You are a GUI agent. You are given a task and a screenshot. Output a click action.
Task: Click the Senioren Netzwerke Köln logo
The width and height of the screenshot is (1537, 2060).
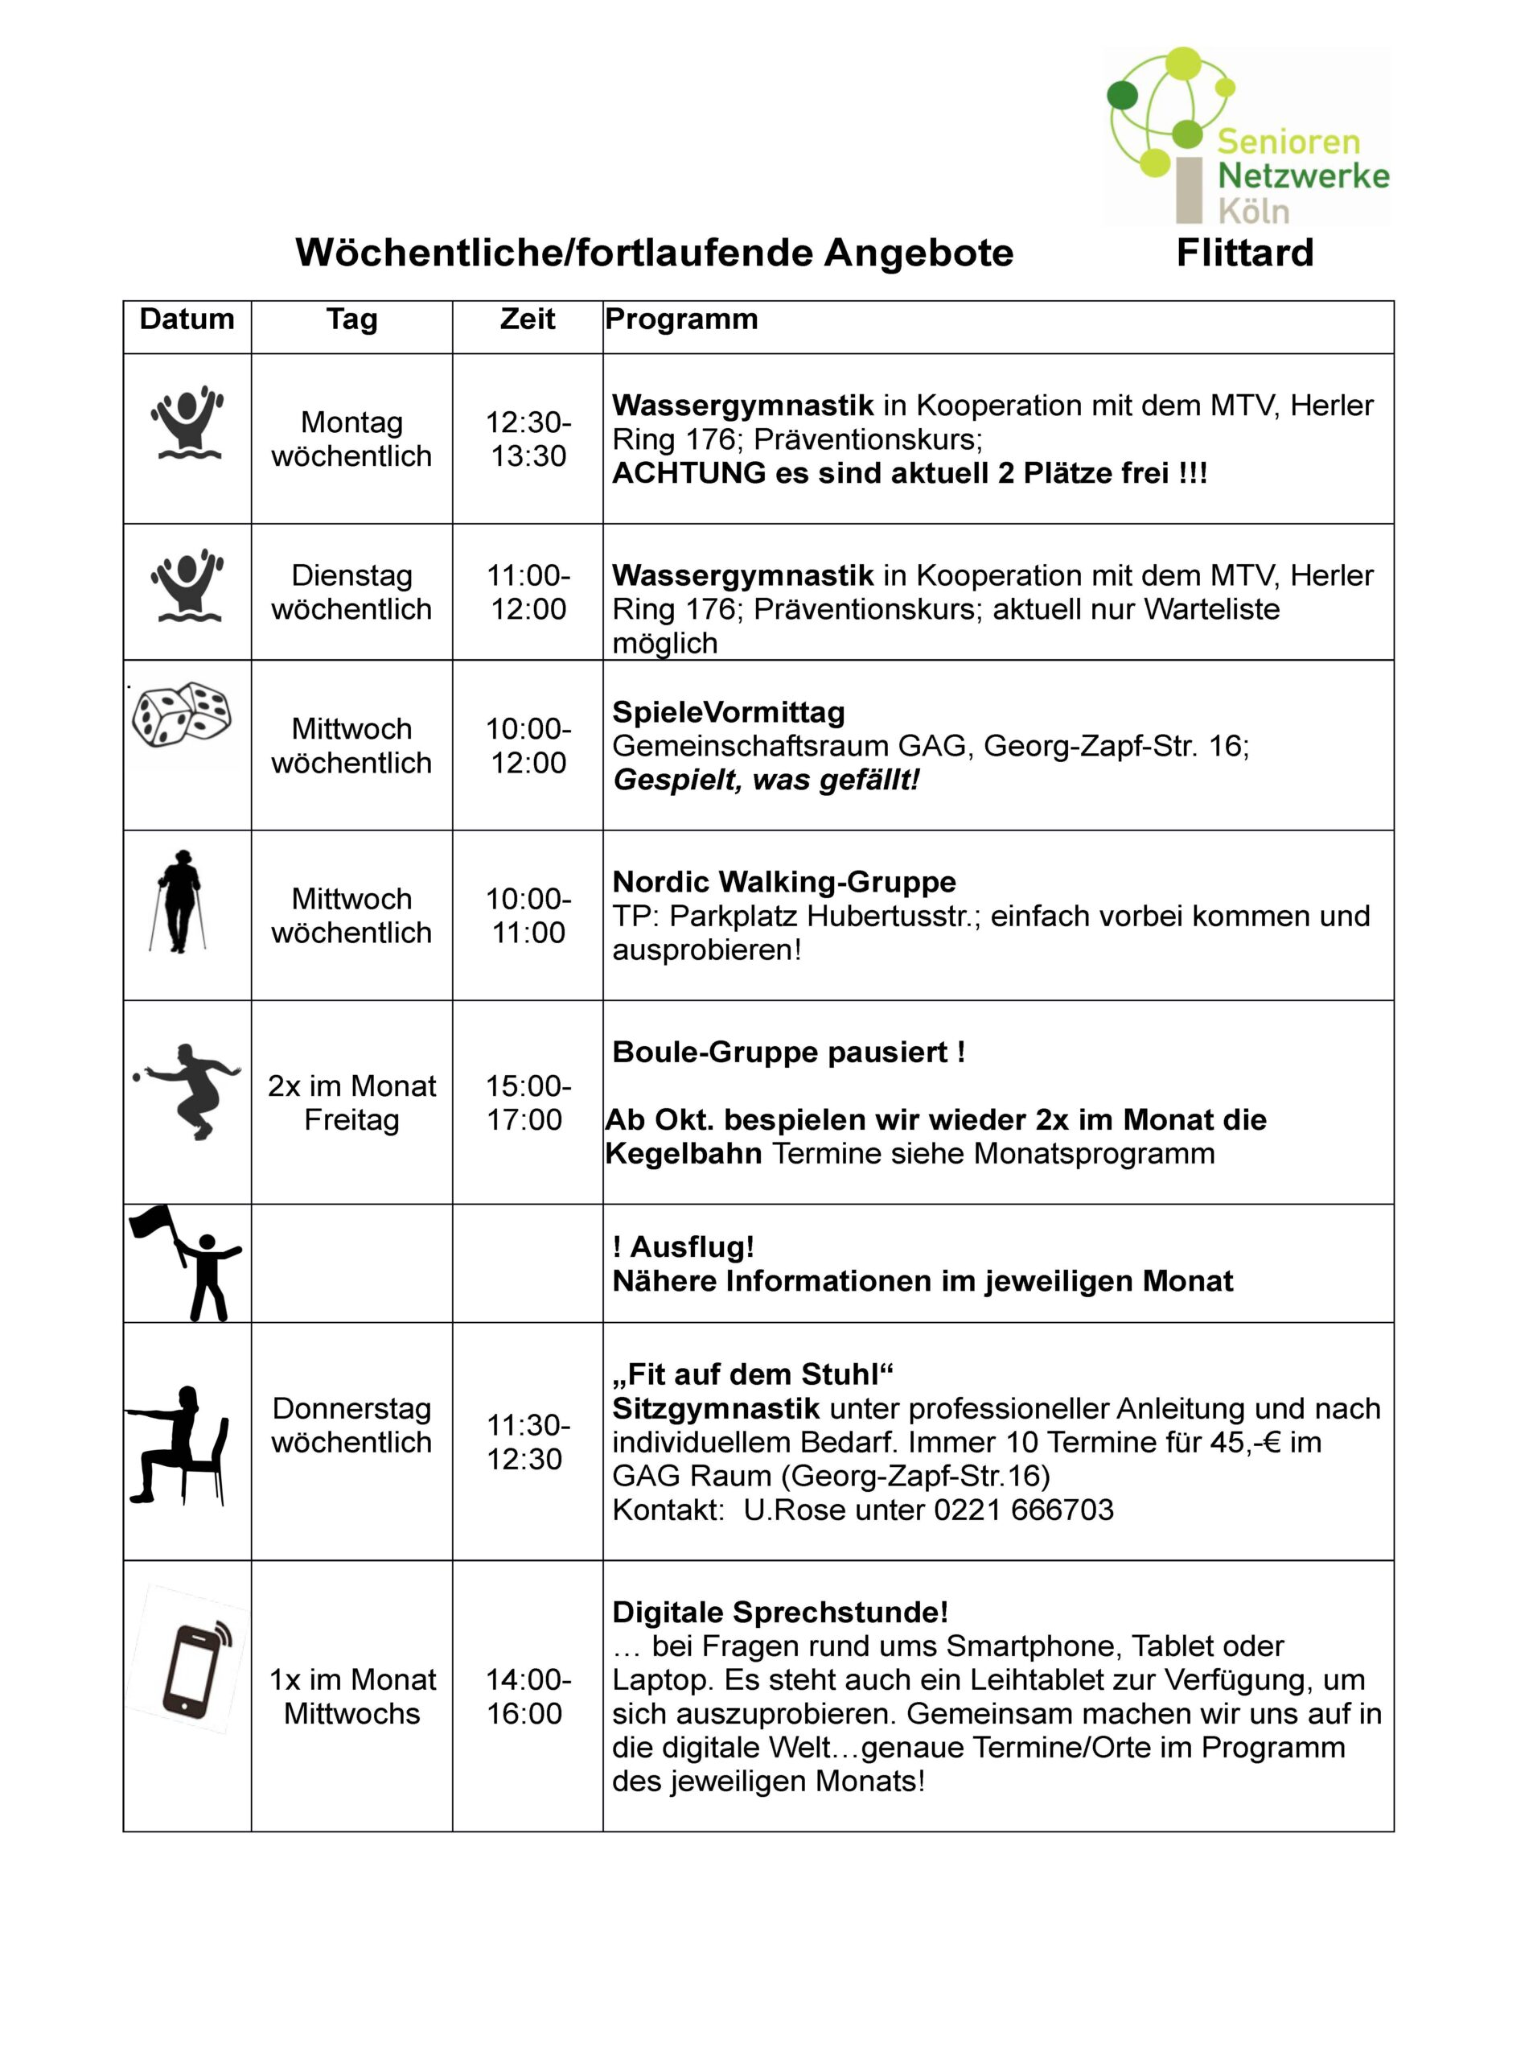click(1247, 137)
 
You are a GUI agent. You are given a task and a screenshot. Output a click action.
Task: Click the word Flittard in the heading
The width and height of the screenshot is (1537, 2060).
click(1244, 253)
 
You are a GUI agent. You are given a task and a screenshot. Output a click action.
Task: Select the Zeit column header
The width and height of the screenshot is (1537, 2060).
click(528, 319)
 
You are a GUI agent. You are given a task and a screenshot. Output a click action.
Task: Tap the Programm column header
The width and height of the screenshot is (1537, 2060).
click(681, 319)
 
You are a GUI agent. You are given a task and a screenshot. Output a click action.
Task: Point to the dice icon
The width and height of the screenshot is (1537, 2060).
click(183, 715)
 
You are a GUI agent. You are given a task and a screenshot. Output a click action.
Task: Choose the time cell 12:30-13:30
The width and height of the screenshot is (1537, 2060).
click(528, 439)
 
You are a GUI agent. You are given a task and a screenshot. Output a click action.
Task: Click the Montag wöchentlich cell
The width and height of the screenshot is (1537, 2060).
click(351, 439)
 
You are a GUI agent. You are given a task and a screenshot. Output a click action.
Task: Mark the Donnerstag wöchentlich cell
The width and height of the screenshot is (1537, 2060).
click(351, 1425)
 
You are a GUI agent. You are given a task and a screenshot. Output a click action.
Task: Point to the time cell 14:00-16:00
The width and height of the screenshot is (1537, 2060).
click(528, 1696)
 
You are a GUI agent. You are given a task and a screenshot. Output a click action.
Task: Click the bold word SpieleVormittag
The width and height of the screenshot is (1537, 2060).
click(729, 712)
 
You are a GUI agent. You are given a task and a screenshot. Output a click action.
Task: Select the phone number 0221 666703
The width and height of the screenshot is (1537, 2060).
click(1023, 1509)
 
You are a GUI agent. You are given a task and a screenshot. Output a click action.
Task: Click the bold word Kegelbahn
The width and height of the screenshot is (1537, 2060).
click(683, 1153)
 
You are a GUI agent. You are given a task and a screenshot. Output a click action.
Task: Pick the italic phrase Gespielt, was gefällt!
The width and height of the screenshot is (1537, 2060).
click(766, 779)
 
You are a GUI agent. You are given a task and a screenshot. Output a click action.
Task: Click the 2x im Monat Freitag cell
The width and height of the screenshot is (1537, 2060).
click(351, 1103)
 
